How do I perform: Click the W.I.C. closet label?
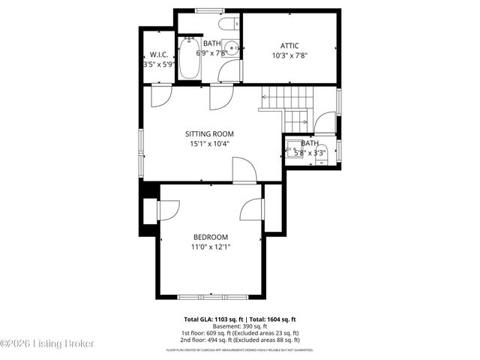pos(158,55)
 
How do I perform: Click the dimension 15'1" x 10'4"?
pos(209,144)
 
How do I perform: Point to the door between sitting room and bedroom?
pos(244,172)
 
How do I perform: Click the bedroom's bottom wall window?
pos(209,295)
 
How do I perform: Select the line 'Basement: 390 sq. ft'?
pos(240,326)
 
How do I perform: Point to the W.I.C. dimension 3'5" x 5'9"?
pos(158,64)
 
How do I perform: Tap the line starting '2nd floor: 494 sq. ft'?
pos(240,340)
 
